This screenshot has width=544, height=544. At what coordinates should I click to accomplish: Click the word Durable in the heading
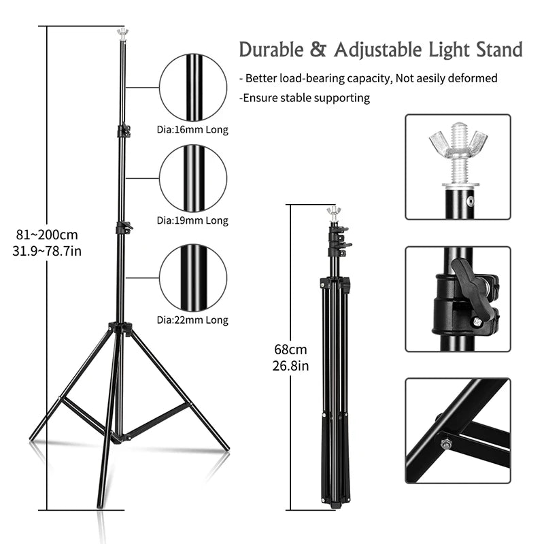269,50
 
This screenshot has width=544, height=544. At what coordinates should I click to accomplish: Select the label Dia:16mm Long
192,129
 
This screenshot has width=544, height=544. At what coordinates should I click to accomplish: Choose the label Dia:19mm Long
192,220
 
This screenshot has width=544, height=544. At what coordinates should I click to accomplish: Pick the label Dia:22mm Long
192,320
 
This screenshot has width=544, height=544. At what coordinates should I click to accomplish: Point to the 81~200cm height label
47,235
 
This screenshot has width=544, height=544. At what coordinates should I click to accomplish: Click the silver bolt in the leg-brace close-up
446,444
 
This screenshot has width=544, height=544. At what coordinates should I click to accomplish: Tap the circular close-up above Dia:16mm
193,87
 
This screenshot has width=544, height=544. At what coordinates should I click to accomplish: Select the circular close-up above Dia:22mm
193,277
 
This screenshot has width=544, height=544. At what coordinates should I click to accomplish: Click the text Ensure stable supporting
305,98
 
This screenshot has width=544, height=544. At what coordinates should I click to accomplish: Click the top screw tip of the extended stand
122,31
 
